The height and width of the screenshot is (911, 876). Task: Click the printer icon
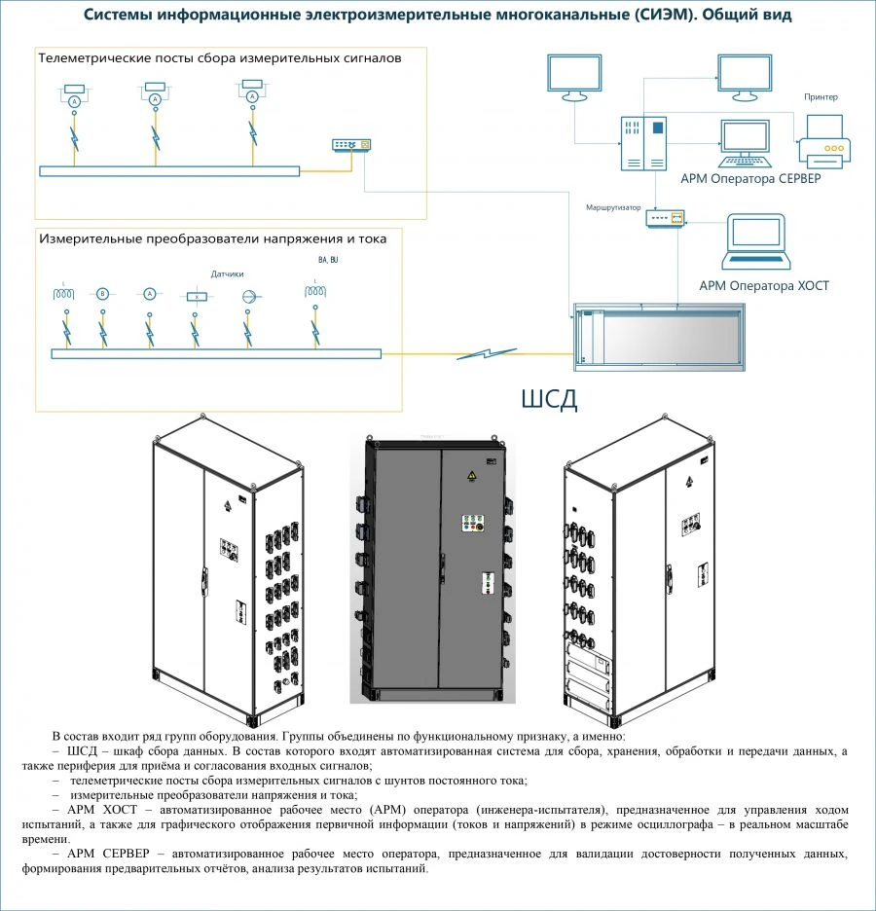point(824,139)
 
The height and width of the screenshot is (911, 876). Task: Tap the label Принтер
point(821,97)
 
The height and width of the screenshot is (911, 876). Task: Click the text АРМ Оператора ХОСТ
point(764,285)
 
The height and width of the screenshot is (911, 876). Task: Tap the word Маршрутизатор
point(613,208)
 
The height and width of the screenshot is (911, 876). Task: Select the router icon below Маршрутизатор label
point(666,220)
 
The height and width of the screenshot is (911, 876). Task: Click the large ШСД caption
point(550,399)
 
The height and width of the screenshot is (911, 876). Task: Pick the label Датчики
point(227,274)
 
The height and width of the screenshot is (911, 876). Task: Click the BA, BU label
point(328,261)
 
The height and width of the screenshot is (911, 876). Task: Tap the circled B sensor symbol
point(101,293)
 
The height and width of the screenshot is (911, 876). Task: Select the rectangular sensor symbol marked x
point(197,295)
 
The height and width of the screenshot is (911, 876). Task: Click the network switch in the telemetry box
point(351,145)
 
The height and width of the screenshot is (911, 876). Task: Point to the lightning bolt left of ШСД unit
point(487,353)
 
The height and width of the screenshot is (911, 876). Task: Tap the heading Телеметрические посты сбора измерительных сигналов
point(219,58)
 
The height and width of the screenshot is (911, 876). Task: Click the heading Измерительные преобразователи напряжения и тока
point(212,237)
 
